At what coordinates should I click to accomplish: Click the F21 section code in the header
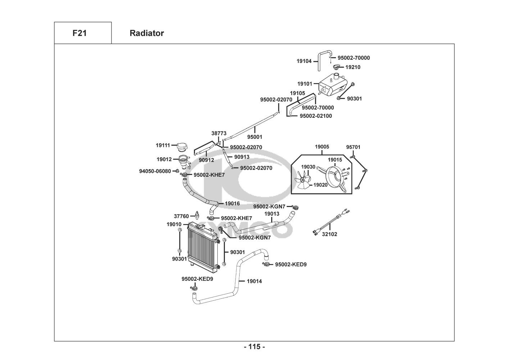pos(79,33)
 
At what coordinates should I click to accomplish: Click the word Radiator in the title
pos(146,33)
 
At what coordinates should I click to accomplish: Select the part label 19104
pos(304,61)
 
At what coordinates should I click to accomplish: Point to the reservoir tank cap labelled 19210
pos(336,67)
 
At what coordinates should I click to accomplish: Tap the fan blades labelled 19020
pos(303,179)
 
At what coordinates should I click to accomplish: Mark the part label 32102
pos(330,234)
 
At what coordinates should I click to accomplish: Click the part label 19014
pos(254,281)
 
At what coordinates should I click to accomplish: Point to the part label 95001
pos(255,137)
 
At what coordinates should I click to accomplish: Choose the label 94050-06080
pos(155,171)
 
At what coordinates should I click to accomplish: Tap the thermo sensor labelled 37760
pos(197,215)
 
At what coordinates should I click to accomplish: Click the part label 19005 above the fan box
pos(322,147)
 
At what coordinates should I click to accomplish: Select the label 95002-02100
pos(316,116)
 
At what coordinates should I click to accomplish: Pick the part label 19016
pos(232,203)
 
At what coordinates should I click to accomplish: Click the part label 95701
pos(353,147)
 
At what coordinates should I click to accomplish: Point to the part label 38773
pos(219,133)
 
